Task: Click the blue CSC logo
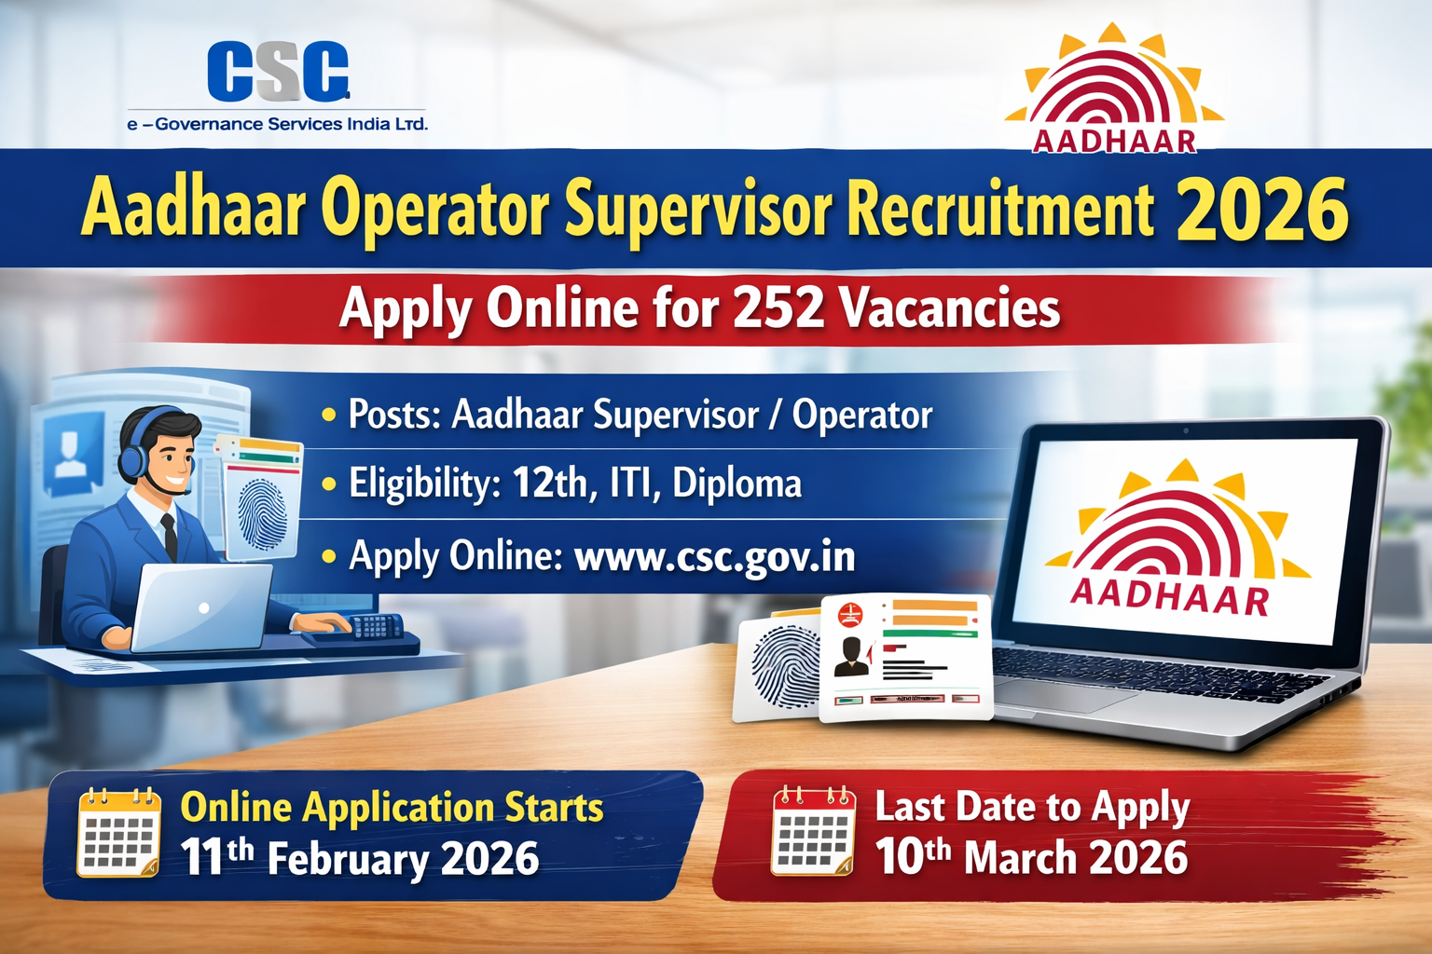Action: click(278, 72)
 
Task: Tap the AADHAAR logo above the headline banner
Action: click(1114, 93)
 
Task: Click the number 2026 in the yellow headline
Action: click(1262, 210)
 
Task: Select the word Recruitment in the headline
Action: click(1000, 210)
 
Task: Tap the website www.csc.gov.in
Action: click(714, 556)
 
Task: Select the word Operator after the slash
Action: click(861, 416)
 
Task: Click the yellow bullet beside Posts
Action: click(328, 414)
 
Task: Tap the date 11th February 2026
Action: click(360, 858)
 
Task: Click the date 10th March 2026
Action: click(1031, 857)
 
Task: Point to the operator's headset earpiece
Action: click(133, 457)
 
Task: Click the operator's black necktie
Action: click(170, 535)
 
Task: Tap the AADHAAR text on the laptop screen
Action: click(1169, 596)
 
